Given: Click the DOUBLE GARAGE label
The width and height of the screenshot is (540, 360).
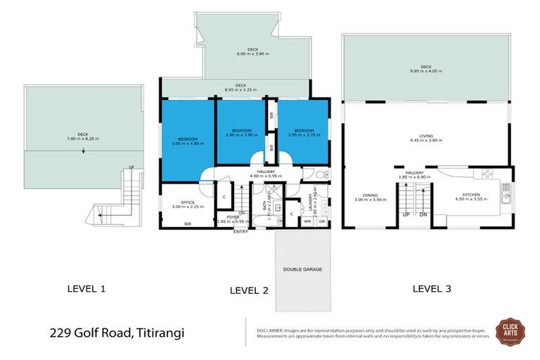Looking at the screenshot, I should pos(302,269).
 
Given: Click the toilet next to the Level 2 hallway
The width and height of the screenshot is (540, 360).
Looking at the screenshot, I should pos(319,175).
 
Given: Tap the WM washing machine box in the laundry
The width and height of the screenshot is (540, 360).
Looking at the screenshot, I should pos(307,221).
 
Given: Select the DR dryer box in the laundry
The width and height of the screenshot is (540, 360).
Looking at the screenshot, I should pos(321,221).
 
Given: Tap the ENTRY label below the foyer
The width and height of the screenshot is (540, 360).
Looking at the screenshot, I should pos(240,231).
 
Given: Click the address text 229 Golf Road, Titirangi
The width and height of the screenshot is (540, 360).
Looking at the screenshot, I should pos(117,333).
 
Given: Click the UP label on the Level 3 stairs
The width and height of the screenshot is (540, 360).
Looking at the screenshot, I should pos(406,214).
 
